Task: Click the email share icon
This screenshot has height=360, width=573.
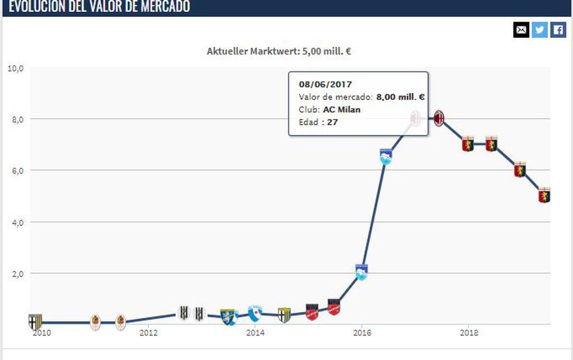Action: [521, 30]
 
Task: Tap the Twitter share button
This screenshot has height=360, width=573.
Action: [540, 30]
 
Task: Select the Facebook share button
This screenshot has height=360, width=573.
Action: [558, 30]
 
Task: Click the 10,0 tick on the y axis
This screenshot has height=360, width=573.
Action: [15, 68]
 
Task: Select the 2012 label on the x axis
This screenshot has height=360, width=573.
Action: [148, 333]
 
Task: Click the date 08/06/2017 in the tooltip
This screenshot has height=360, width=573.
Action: [326, 85]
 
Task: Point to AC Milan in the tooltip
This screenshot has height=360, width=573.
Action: [342, 109]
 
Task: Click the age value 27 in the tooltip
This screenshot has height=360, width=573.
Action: [333, 122]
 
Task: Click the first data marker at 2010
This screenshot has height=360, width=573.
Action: [35, 321]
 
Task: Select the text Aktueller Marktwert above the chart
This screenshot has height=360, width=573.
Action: [253, 51]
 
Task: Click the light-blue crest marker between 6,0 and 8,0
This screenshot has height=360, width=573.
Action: [386, 156]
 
